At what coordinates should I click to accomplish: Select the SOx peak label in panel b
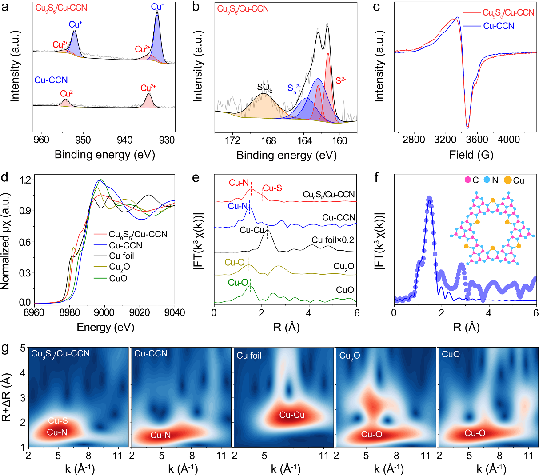(x=264, y=88)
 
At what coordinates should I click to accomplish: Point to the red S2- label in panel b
(x=340, y=81)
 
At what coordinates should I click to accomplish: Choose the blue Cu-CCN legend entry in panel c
(x=499, y=26)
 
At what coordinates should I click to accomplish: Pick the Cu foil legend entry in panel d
(x=121, y=256)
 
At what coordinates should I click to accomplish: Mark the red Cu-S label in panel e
(x=272, y=188)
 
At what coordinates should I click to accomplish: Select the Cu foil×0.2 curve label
(x=333, y=240)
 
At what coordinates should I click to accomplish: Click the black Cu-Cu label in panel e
(x=252, y=230)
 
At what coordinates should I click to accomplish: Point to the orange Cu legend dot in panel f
(x=507, y=180)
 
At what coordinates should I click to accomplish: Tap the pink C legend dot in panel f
(x=467, y=180)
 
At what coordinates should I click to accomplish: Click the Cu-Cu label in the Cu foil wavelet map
(x=292, y=415)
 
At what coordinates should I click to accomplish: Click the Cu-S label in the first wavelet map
(x=58, y=420)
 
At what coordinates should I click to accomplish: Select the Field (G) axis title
(x=465, y=155)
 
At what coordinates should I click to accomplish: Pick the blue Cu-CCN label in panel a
(x=51, y=80)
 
